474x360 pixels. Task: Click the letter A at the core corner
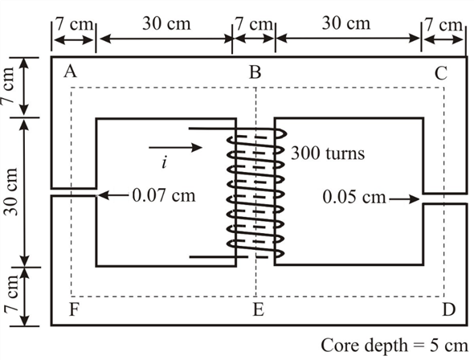pyautogui.click(x=70, y=72)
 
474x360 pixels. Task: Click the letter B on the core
pyautogui.click(x=255, y=73)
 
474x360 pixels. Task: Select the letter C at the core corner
pyautogui.click(x=441, y=74)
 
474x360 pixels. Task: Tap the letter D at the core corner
pyautogui.click(x=448, y=308)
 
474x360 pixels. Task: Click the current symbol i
pyautogui.click(x=164, y=163)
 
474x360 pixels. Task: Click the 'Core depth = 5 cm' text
pyautogui.click(x=394, y=345)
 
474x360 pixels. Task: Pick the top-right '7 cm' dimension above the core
pyautogui.click(x=444, y=24)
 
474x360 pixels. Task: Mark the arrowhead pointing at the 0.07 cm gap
pyautogui.click(x=102, y=194)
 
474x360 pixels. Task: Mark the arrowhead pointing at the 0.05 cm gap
pyautogui.click(x=417, y=195)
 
